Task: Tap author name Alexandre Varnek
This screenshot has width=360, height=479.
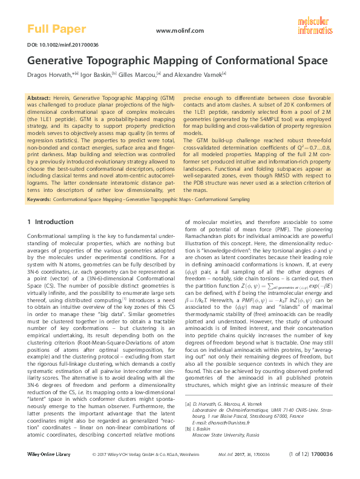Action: pyautogui.click(x=200, y=74)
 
